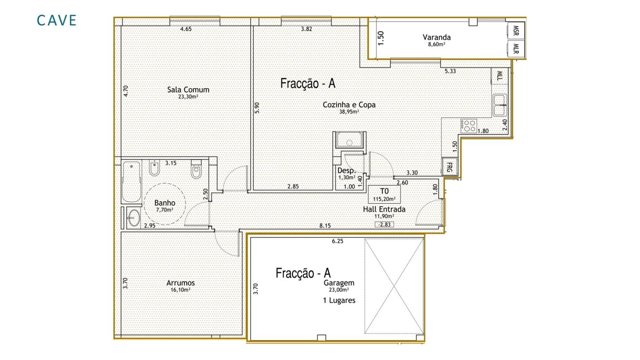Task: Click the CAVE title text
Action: point(56,20)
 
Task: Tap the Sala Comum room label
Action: point(188,90)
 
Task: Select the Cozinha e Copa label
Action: point(349,105)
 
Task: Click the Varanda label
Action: point(436,37)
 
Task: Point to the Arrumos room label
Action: point(180,283)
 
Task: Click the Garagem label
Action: point(339,283)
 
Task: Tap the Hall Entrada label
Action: point(384,209)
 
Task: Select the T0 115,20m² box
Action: point(384,194)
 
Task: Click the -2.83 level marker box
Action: point(384,224)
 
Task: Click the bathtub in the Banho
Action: point(132,182)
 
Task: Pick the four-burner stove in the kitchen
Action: point(468,126)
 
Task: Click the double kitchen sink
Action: point(500,105)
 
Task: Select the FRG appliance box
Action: point(449,167)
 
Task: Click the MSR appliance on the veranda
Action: point(516,31)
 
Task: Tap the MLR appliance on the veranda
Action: point(516,48)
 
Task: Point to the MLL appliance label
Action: point(500,76)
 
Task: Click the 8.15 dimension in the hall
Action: point(325,226)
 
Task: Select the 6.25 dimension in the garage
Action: point(337,241)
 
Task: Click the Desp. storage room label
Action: point(346,171)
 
